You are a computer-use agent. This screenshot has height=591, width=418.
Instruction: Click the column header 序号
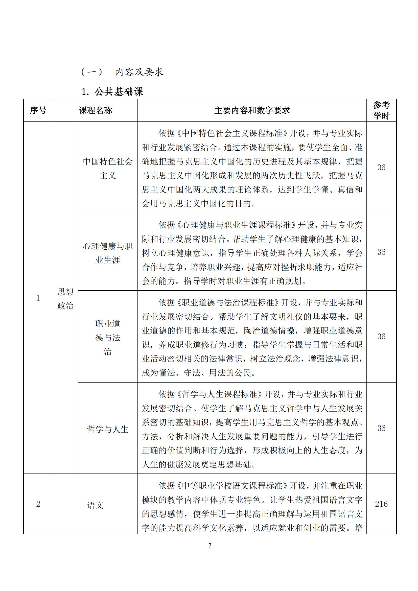38,110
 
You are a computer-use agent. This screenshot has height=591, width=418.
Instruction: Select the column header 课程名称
95,110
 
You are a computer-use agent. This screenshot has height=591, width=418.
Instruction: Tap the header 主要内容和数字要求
252,110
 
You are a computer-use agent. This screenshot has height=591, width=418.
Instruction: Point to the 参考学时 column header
381,110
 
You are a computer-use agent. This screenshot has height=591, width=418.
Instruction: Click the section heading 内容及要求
139,72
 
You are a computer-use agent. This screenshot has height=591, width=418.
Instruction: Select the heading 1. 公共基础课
112,92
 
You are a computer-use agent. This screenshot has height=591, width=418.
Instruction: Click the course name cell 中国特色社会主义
108,168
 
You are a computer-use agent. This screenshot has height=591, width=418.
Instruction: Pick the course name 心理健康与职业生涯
108,253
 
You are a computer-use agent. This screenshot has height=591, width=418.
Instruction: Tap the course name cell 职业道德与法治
108,338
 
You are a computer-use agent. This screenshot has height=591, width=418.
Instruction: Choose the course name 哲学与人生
108,429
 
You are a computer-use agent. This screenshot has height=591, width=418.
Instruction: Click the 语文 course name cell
95,505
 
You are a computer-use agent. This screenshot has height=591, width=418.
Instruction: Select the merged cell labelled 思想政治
65,299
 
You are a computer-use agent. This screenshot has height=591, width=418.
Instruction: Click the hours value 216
381,504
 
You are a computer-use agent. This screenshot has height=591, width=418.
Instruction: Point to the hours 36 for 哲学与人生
381,428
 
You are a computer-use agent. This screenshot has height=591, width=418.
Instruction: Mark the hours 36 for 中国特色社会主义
381,167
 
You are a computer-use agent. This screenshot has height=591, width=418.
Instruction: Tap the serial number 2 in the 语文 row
38,504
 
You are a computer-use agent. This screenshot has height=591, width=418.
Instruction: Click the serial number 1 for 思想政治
38,298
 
